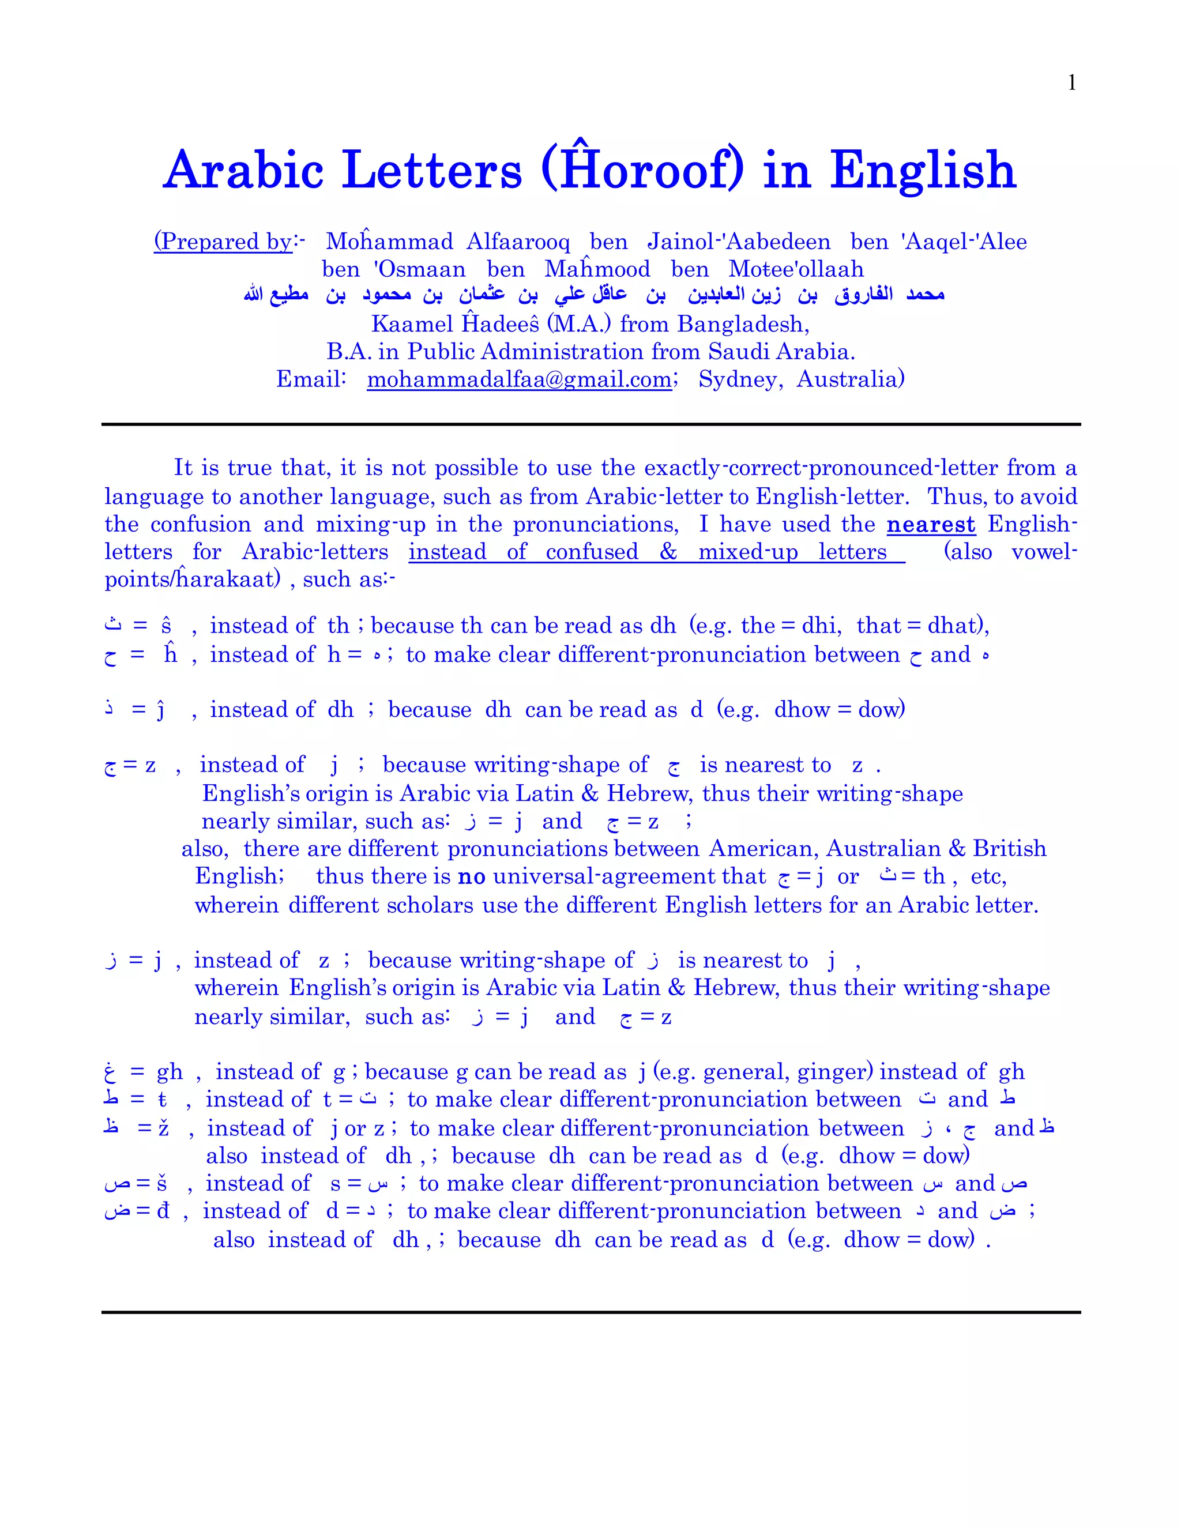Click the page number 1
click(x=1071, y=83)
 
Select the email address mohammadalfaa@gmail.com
click(x=519, y=379)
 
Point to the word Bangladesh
click(x=742, y=324)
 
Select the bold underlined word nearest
click(x=931, y=524)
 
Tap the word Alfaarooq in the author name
click(x=518, y=242)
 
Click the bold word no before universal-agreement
click(x=472, y=876)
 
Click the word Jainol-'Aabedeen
click(x=739, y=242)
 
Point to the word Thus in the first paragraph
click(x=957, y=496)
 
